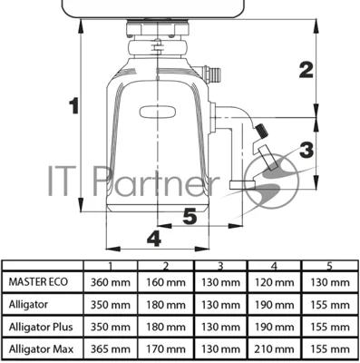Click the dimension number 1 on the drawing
point(73,105)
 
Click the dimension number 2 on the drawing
point(306,70)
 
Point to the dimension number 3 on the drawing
point(306,150)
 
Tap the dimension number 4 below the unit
point(154,238)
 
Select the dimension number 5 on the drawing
point(190,216)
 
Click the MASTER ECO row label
point(38,282)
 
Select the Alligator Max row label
point(41,349)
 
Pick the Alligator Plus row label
point(41,327)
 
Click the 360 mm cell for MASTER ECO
point(111,282)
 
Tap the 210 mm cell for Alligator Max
point(274,349)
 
